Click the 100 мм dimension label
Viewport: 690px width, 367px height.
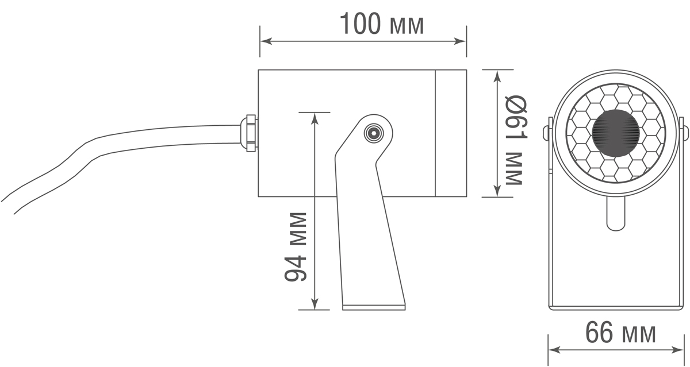pyautogui.click(x=382, y=24)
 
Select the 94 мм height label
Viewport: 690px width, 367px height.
pyautogui.click(x=296, y=248)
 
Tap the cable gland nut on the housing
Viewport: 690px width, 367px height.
pyautogui.click(x=249, y=133)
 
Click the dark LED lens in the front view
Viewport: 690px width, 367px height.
pyautogui.click(x=615, y=133)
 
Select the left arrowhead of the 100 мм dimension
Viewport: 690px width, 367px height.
pyautogui.click(x=265, y=41)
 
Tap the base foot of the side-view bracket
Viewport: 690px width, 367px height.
pyautogui.click(x=373, y=306)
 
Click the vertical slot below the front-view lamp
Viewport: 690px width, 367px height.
pyautogui.click(x=615, y=213)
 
